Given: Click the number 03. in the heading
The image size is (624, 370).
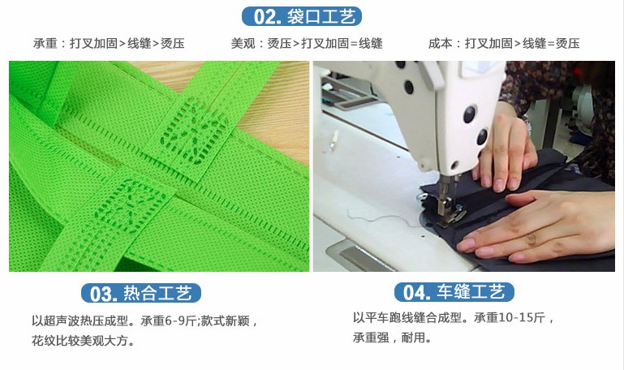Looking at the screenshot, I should pos(104,293).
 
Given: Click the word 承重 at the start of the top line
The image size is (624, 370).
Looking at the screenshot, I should pos(44,43).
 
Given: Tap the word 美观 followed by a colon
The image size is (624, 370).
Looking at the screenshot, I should pos(243,43).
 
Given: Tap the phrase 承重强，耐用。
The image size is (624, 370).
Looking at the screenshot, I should pos(392,338).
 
